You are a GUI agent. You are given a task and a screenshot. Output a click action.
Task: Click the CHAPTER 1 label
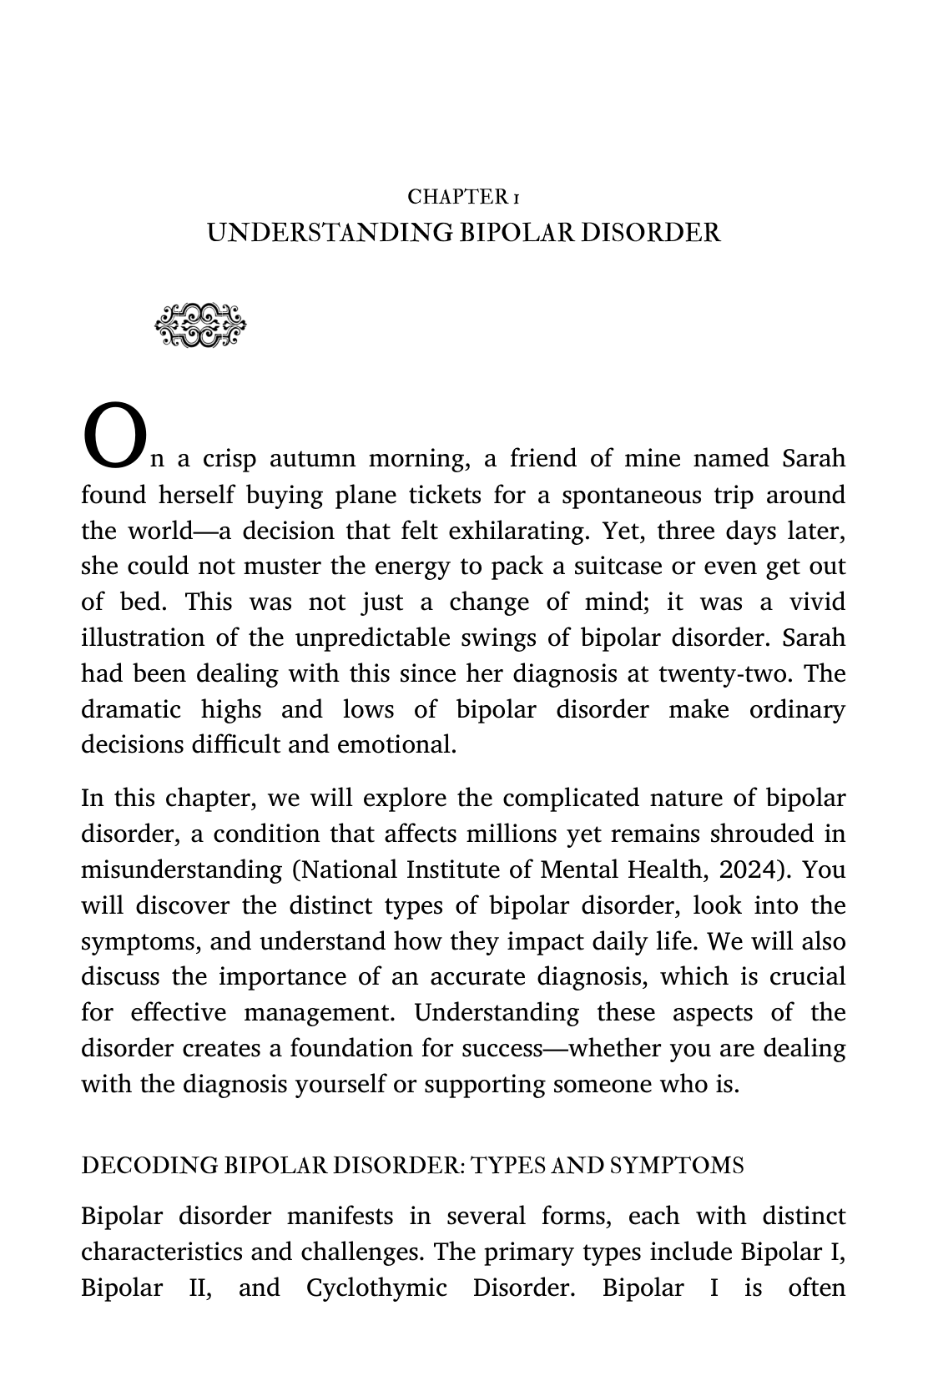(464, 197)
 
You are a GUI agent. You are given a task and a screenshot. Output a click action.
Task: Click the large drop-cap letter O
(113, 436)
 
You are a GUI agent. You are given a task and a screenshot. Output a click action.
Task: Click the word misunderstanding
(181, 870)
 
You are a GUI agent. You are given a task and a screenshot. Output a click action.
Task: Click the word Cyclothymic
(376, 1288)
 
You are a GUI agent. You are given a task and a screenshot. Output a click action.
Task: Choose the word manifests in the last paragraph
(340, 1217)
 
